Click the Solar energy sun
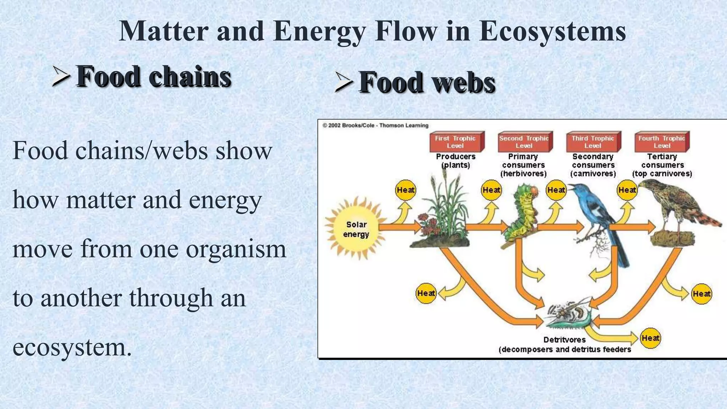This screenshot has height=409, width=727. pyautogui.click(x=356, y=229)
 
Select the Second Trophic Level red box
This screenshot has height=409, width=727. pyautogui.click(x=524, y=142)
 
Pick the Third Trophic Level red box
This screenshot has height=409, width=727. pyautogui.click(x=593, y=142)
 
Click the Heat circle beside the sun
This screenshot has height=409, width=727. pyautogui.click(x=405, y=190)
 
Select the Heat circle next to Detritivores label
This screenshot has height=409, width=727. pyautogui.click(x=650, y=338)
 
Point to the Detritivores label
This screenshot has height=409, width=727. pyautogui.click(x=564, y=340)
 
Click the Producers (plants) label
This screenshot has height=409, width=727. pyautogui.click(x=455, y=161)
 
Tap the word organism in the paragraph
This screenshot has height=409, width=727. pyautogui.click(x=236, y=249)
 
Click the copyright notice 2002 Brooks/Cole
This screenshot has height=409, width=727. pyautogui.click(x=375, y=125)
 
